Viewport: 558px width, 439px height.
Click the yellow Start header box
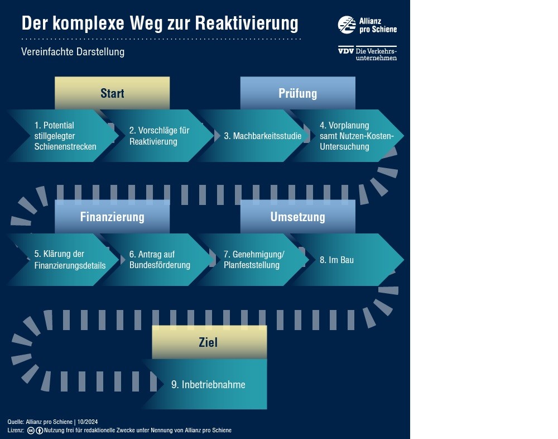(112, 93)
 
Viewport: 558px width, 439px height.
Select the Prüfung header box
(298, 93)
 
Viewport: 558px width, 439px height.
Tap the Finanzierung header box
(112, 217)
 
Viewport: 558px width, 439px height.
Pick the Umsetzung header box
(298, 217)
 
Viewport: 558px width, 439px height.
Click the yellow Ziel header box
(210, 342)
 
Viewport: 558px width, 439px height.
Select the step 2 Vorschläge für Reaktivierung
(158, 136)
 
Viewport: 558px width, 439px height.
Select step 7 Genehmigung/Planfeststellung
(253, 260)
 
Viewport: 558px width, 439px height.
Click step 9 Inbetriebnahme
(208, 384)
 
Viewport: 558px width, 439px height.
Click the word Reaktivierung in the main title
(247, 23)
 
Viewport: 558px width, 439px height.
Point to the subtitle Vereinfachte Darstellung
(73, 52)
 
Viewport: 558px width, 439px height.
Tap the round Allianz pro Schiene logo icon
(347, 25)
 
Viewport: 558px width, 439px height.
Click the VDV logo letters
(346, 51)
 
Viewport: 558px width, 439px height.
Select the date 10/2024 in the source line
(88, 422)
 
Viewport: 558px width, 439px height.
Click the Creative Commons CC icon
(31, 431)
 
